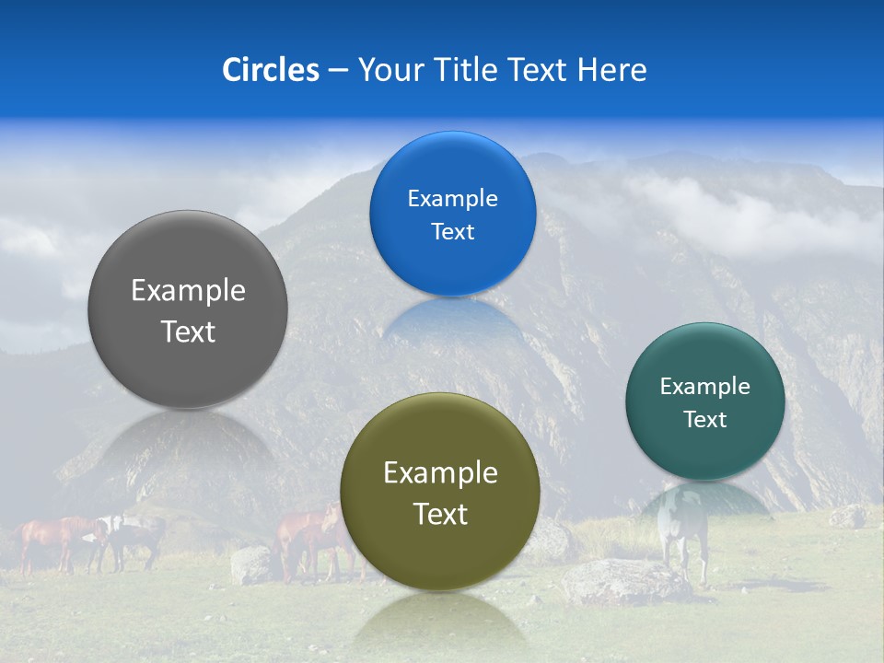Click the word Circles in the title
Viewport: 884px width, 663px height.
click(x=270, y=70)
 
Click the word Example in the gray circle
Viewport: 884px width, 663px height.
click(x=188, y=291)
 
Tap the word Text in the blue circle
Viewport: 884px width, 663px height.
click(x=452, y=231)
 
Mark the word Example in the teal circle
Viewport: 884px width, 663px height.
click(x=704, y=387)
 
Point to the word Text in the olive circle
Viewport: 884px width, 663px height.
click(x=440, y=514)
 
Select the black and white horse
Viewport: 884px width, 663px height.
click(x=129, y=539)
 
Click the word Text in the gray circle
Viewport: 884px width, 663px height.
click(x=188, y=331)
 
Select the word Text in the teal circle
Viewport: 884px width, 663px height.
click(x=704, y=420)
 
